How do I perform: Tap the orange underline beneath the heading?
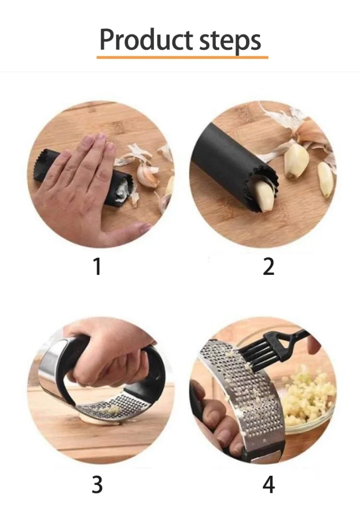click(182, 57)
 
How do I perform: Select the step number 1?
click(97, 267)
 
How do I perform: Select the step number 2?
click(268, 267)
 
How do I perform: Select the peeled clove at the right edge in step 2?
click(325, 179)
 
